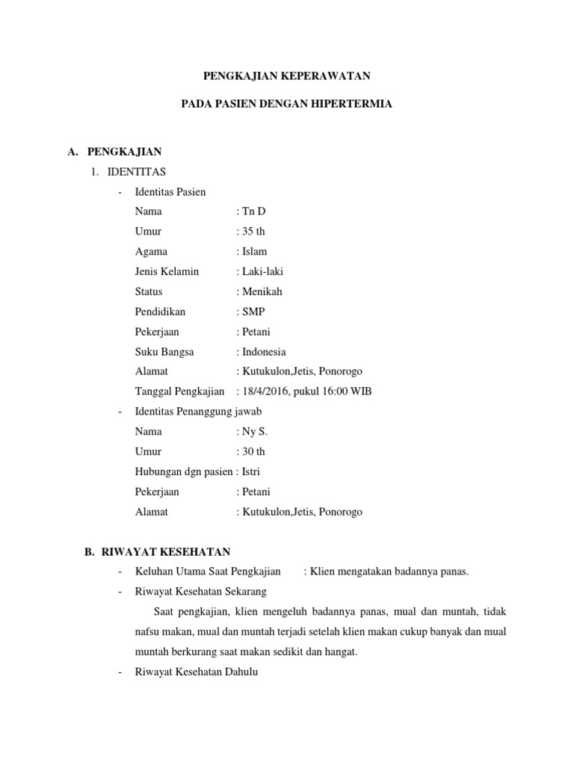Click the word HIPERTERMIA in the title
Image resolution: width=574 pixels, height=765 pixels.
[x=354, y=105]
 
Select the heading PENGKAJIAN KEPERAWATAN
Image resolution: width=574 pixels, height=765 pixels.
[x=287, y=76]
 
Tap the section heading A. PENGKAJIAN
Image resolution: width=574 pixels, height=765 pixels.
[x=114, y=152]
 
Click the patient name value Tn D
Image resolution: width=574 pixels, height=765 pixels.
[x=253, y=211]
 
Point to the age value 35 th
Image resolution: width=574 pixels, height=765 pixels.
[x=253, y=232]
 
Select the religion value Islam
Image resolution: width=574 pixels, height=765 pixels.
[x=253, y=252]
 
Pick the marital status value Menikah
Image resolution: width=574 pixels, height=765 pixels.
[x=262, y=292]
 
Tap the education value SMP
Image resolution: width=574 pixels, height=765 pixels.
[x=254, y=312]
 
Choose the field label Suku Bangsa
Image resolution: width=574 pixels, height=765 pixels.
[x=164, y=352]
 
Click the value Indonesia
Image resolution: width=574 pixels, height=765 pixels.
[x=263, y=352]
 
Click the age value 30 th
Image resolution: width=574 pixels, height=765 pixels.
[x=253, y=452]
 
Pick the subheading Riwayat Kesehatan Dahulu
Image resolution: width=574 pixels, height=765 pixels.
[x=196, y=672]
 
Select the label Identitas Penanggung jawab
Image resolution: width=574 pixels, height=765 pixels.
[x=198, y=412]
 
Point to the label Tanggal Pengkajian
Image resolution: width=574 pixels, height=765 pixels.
[x=179, y=391]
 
